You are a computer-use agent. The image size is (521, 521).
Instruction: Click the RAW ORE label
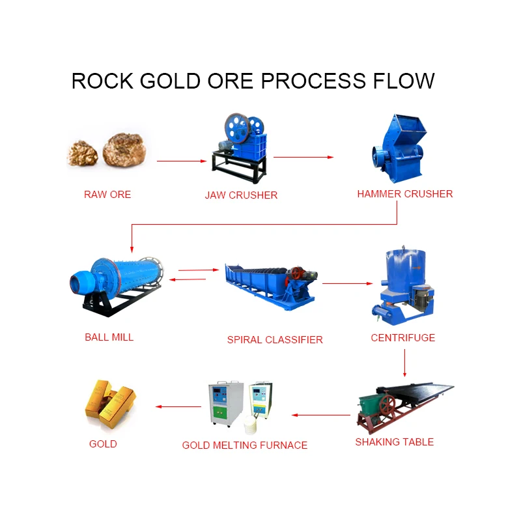(x=107, y=194)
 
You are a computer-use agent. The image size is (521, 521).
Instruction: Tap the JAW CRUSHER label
(x=241, y=195)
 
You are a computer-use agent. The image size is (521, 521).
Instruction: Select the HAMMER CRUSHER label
(x=404, y=193)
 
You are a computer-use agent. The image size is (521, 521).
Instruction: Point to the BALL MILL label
(x=109, y=337)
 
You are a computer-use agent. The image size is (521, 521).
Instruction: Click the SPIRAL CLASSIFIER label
(x=275, y=339)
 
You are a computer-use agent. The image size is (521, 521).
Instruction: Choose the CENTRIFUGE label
(x=402, y=337)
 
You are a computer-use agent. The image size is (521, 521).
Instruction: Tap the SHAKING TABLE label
(x=394, y=442)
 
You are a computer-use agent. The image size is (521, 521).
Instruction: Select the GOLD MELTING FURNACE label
(x=244, y=445)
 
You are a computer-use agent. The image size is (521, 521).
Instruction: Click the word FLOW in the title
(x=404, y=81)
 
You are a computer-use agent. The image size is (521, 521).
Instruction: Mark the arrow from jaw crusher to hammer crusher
(x=303, y=157)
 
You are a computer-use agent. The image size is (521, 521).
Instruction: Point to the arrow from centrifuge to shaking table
(x=404, y=363)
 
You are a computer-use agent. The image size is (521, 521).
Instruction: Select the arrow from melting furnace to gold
(x=178, y=407)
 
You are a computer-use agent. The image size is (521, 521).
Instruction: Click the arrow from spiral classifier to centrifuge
(x=347, y=283)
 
